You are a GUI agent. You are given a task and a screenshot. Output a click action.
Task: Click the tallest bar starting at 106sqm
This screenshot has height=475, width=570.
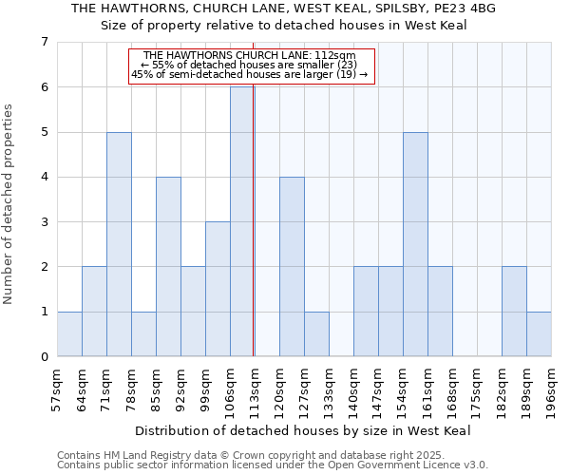click(242, 221)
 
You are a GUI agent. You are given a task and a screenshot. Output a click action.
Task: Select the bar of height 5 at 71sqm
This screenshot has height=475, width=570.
click(119, 244)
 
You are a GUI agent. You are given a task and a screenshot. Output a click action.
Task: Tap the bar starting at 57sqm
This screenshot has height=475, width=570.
click(69, 333)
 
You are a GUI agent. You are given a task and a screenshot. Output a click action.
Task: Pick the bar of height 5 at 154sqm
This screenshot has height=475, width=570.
click(415, 244)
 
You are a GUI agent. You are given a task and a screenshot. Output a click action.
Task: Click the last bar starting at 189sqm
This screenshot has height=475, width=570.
click(539, 333)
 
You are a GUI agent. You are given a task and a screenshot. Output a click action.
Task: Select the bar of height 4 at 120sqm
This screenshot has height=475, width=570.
click(292, 266)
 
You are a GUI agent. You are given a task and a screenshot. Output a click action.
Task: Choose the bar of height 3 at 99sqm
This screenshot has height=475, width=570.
click(218, 289)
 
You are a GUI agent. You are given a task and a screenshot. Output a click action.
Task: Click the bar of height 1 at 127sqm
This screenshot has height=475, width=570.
click(316, 333)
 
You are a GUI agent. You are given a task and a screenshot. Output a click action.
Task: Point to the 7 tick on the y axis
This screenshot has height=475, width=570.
click(44, 42)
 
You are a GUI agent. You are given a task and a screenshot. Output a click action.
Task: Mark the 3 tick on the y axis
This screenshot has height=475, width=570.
click(44, 222)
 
